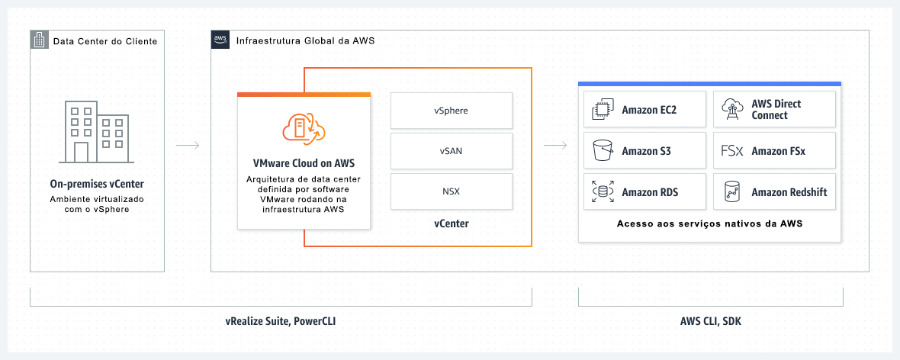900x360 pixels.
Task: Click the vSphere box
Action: tap(451, 111)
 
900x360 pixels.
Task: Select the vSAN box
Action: tap(451, 151)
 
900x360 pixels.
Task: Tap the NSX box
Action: tap(451, 191)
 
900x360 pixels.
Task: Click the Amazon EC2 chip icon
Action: tap(603, 110)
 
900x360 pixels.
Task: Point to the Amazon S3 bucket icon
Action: tap(603, 151)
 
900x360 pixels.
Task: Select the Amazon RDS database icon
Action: tap(603, 191)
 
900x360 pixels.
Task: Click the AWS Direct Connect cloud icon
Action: tap(732, 110)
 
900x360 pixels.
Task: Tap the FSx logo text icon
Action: tap(732, 151)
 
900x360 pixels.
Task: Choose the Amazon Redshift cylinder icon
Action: tap(732, 192)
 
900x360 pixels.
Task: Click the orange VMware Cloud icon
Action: tap(304, 129)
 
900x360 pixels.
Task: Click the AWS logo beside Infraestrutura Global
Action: tap(220, 40)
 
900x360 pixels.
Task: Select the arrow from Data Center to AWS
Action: tap(188, 145)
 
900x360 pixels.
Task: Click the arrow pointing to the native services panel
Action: tap(554, 145)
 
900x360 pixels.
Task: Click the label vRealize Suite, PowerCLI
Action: tap(281, 321)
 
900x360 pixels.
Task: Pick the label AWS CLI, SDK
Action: tap(710, 321)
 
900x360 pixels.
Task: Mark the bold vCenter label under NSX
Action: tap(451, 223)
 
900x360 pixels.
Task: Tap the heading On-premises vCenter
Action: tap(97, 184)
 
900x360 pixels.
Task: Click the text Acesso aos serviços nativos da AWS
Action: tap(709, 224)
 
